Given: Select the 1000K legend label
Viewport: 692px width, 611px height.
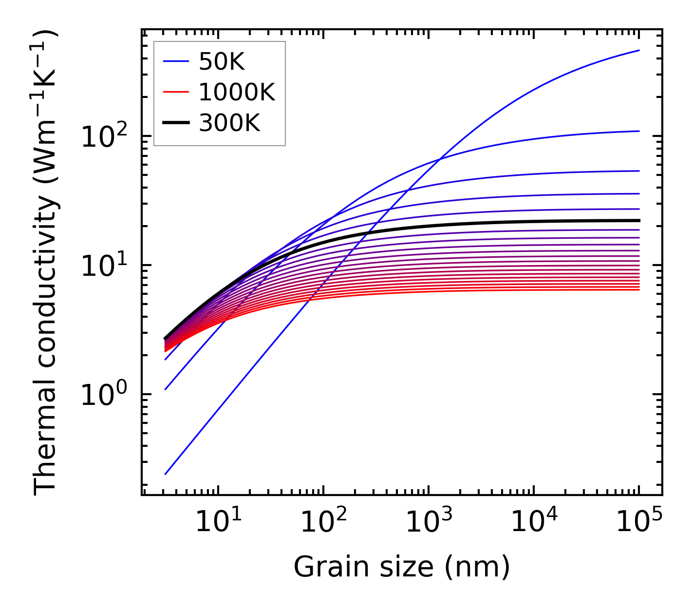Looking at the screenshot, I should coord(237,92).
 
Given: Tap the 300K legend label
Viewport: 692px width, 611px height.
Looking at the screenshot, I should coord(229,123).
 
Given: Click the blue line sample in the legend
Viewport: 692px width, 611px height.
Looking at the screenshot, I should coord(176,61).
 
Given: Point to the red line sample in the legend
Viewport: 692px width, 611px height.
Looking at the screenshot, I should coord(176,92).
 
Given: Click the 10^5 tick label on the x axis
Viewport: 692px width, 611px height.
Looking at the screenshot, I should coord(638,523).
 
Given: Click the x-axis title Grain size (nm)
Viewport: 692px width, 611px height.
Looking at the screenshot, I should coord(402,567).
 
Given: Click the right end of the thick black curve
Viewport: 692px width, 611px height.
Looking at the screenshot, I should coord(639,220).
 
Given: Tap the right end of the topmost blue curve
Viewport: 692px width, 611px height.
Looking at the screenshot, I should coord(639,50).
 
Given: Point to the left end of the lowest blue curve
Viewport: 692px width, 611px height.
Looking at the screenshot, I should coord(166,474).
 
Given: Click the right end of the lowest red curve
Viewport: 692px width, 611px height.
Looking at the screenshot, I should coord(639,290).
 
